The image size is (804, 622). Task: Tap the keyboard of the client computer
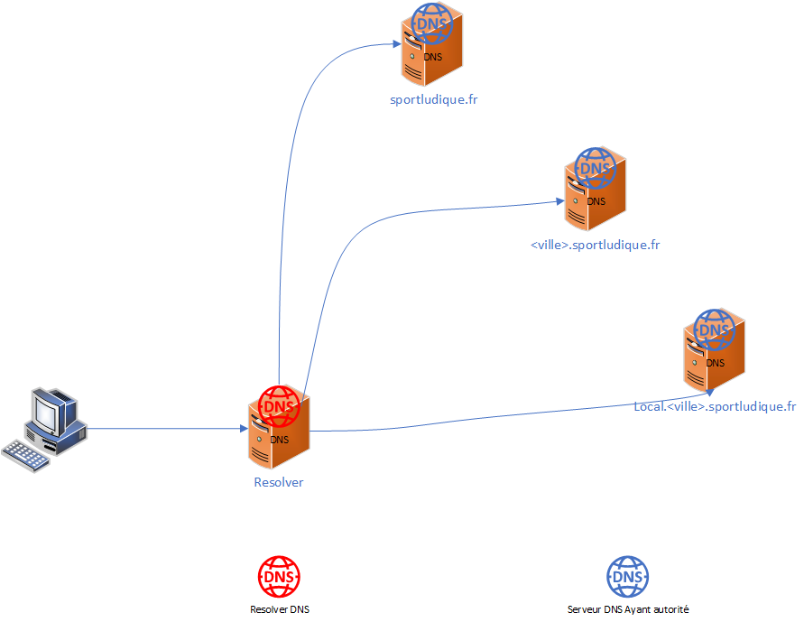tap(26, 454)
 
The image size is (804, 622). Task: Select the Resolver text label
tap(279, 482)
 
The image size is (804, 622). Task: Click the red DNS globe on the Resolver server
tap(279, 407)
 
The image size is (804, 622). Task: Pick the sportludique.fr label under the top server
tap(433, 99)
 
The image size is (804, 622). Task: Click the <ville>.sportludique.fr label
tap(596, 245)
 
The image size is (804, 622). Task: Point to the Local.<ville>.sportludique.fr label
tap(715, 406)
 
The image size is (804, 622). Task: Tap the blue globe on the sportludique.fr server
tap(432, 24)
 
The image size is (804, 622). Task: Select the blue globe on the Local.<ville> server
tap(715, 330)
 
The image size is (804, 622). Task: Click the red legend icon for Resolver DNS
tap(279, 576)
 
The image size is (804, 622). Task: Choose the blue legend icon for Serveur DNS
tap(627, 576)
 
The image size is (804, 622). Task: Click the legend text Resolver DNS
tap(279, 609)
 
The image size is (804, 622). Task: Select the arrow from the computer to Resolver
tap(162, 429)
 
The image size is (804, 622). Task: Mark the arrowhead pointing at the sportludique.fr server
tap(396, 42)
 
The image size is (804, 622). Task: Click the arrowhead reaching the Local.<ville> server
tap(708, 391)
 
